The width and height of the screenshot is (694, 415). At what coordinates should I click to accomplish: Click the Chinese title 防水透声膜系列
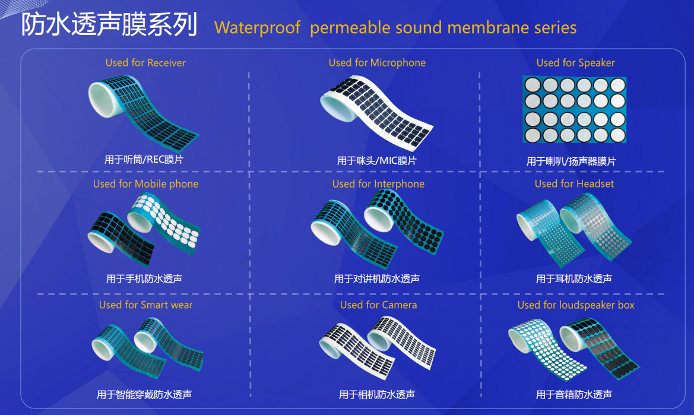(x=109, y=24)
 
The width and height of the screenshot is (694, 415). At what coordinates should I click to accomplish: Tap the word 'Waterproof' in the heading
(x=257, y=28)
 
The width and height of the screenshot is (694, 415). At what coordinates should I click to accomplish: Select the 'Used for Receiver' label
(x=145, y=63)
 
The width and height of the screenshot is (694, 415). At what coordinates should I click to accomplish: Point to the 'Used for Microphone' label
(x=377, y=63)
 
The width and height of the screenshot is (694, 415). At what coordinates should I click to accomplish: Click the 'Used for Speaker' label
(x=575, y=63)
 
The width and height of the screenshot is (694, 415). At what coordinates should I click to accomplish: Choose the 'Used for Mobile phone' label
(x=145, y=184)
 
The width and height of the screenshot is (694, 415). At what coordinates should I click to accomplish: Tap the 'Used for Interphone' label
(x=378, y=184)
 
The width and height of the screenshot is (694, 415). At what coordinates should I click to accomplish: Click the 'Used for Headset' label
(x=574, y=183)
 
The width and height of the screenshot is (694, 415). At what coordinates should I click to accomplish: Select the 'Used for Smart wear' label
(x=145, y=305)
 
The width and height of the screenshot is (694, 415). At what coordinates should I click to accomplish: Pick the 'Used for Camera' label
(x=378, y=305)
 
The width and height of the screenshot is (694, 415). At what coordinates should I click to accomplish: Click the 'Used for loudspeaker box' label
(x=576, y=305)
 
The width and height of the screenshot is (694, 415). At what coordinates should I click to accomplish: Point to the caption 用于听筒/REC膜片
(x=144, y=160)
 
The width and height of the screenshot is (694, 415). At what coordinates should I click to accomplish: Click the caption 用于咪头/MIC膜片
(x=376, y=161)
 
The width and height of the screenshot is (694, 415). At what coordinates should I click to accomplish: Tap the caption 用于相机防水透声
(x=376, y=394)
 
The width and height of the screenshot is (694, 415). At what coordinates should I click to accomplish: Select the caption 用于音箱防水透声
(x=574, y=394)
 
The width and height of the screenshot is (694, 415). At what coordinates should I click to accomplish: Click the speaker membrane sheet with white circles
(x=575, y=109)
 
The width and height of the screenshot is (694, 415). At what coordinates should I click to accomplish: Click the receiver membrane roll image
(x=144, y=113)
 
